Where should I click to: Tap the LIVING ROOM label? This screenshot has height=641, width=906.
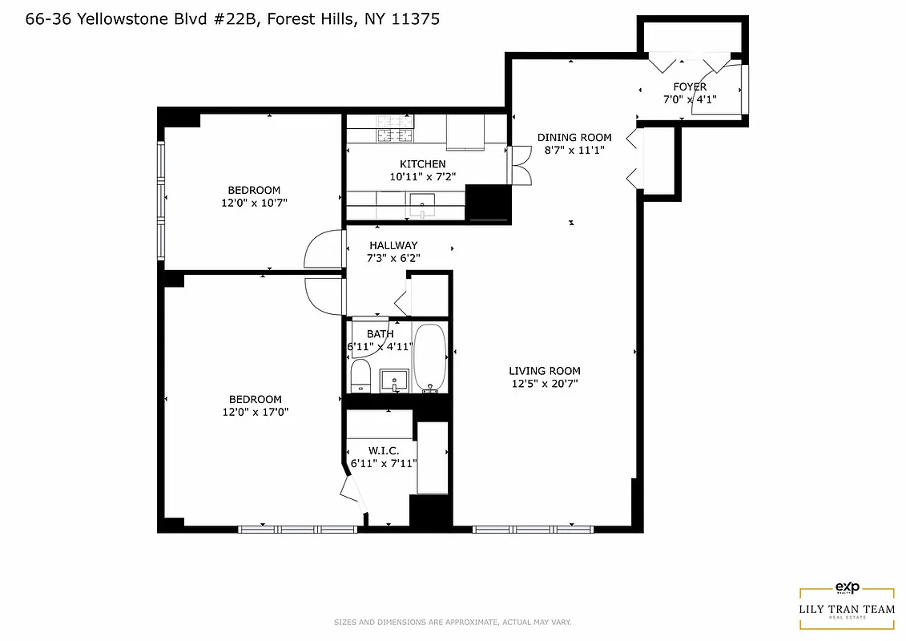[545, 371]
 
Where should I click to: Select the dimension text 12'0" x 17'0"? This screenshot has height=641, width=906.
[255, 412]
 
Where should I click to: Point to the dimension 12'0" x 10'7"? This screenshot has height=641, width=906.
[254, 203]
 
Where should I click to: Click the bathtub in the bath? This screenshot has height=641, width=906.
[431, 358]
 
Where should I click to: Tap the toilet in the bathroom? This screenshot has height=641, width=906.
[360, 375]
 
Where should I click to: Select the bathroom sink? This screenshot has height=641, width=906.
[394, 379]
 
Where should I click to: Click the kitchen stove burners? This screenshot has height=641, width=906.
[395, 136]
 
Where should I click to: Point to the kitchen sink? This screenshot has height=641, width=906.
[421, 201]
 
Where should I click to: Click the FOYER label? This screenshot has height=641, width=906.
[690, 87]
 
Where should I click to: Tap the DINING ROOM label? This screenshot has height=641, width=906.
[574, 137]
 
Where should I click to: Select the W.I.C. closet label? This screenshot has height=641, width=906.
[384, 451]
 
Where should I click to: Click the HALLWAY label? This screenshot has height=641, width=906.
[393, 245]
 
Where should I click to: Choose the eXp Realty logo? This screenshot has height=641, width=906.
[847, 587]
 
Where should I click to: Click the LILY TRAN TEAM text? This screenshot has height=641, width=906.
[847, 609]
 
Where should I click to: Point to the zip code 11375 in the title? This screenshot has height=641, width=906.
[413, 18]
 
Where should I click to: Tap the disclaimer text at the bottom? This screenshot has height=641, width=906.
[453, 623]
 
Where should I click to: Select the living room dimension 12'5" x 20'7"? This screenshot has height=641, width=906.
[545, 384]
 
